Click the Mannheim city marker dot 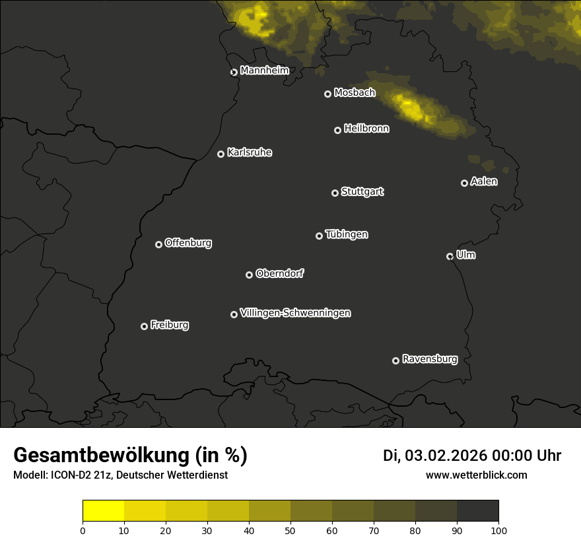pos(234,73)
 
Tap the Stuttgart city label pos(362,191)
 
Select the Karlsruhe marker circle pos(221,154)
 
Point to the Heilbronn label pos(366,129)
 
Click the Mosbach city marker pos(327,94)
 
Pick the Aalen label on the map pos(484,181)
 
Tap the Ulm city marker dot pos(450,256)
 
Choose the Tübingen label pos(347,234)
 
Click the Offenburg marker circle pos(158,244)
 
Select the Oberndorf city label pos(279,273)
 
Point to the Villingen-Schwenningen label pos(295,313)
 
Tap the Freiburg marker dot pos(144,326)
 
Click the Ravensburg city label pos(429,359)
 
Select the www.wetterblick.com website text pos(477,475)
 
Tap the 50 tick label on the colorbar pos(290,530)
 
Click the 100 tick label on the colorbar pos(498,530)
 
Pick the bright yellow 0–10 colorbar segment pos(104,511)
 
